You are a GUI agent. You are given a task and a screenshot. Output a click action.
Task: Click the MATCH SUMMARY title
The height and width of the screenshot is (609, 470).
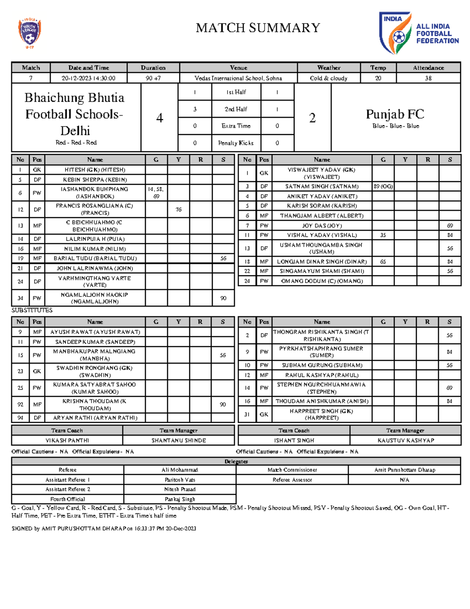click(258, 28)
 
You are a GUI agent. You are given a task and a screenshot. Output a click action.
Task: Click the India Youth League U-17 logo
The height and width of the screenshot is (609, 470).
click(29, 33)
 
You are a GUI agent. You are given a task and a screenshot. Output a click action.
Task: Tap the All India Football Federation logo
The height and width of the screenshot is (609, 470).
click(418, 33)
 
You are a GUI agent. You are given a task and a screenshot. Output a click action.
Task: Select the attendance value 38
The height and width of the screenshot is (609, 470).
click(428, 78)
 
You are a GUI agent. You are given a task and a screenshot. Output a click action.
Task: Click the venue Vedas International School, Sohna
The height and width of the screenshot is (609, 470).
click(238, 78)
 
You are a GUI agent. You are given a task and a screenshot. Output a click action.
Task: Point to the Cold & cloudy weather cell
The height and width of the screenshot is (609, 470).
click(328, 78)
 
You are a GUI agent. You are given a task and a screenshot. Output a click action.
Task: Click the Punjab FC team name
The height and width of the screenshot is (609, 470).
click(395, 114)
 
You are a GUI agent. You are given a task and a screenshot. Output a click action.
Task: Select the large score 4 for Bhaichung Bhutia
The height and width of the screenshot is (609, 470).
click(159, 118)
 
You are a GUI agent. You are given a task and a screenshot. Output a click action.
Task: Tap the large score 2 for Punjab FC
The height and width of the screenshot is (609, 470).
click(312, 118)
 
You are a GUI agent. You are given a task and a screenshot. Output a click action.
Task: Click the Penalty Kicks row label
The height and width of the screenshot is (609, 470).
click(236, 143)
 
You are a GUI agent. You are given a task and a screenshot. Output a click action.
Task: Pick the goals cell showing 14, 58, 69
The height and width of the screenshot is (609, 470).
click(156, 193)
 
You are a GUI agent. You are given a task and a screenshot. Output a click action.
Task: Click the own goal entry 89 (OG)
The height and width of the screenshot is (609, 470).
click(383, 186)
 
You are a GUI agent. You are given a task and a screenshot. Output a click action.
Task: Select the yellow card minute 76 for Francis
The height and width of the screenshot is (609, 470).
click(179, 209)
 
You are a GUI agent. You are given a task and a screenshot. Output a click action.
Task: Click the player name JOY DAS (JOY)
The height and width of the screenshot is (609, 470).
click(322, 225)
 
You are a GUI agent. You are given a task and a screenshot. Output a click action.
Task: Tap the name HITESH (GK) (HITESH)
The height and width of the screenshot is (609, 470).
click(95, 170)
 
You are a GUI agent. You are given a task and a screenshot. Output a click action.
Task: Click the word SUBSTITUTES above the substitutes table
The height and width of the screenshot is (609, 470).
click(32, 310)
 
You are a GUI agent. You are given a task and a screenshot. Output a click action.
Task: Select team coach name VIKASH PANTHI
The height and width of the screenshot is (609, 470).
click(67, 440)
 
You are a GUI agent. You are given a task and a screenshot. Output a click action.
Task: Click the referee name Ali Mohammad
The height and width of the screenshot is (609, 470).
click(180, 470)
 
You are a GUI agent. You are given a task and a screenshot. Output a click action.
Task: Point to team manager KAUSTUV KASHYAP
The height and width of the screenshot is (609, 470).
click(405, 440)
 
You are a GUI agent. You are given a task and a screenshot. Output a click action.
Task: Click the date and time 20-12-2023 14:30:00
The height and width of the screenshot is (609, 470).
click(89, 78)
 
